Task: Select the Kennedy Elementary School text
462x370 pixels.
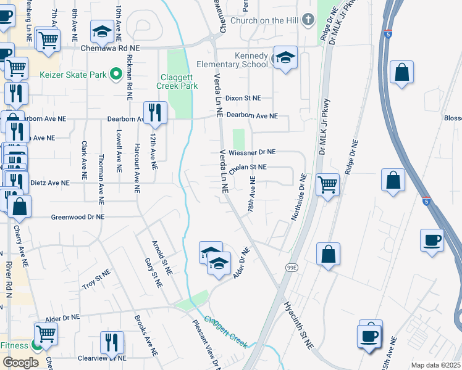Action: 232,60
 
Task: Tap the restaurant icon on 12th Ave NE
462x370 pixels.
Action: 154,113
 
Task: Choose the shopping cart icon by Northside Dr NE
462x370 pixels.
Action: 327,183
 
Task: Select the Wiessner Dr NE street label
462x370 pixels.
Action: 251,152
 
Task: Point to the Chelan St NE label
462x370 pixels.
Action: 248,167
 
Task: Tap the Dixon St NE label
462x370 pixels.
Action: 243,98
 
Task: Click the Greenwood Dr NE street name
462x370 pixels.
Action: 78,217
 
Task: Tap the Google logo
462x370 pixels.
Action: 20,363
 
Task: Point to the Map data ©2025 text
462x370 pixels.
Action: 435,365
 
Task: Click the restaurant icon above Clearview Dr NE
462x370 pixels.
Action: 112,342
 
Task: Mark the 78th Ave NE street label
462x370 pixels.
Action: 251,194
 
